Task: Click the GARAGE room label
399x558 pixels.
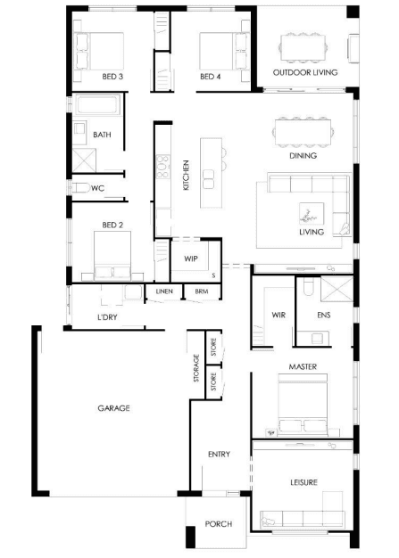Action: (113, 408)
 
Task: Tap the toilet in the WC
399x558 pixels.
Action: (80, 187)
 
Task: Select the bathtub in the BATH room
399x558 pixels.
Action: (98, 105)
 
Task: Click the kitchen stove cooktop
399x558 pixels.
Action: (163, 166)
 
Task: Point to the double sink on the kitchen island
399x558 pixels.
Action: (208, 179)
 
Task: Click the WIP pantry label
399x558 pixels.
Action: (191, 258)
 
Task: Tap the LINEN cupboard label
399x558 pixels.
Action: (164, 291)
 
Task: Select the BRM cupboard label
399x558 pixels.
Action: (202, 291)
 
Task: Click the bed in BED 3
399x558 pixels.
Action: (99, 51)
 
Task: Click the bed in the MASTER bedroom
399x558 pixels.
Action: (303, 405)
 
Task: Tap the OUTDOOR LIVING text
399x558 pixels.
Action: (305, 72)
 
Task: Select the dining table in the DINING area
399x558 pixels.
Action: (303, 133)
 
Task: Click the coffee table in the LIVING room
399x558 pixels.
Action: (312, 214)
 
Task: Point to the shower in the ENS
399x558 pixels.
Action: (337, 289)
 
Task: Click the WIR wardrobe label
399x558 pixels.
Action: (278, 315)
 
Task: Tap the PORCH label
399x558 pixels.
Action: (219, 524)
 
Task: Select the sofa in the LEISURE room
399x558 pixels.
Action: (303, 519)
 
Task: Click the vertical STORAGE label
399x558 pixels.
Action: (196, 368)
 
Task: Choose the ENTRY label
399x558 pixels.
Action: (219, 454)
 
